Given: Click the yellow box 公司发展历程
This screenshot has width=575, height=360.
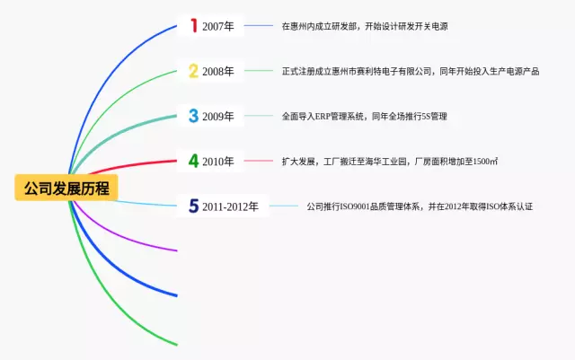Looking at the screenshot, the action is pyautogui.click(x=66, y=189).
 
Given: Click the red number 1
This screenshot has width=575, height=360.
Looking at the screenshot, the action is pyautogui.click(x=191, y=26).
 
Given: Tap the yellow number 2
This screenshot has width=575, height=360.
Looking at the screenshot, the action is pyautogui.click(x=193, y=71).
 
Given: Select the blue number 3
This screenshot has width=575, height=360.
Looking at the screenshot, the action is pyautogui.click(x=193, y=116).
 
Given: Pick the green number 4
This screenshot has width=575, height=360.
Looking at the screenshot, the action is pyautogui.click(x=193, y=162).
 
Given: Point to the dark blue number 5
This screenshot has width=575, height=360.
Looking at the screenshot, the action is pyautogui.click(x=193, y=206).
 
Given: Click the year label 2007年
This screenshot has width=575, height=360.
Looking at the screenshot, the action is pyautogui.click(x=218, y=27).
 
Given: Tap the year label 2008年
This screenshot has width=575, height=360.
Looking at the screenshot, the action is pyautogui.click(x=218, y=71).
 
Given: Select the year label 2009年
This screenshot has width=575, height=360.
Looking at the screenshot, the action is pyautogui.click(x=218, y=116).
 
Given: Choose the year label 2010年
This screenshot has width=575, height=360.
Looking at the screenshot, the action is pyautogui.click(x=218, y=162).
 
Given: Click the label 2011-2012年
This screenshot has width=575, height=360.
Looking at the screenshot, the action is pyautogui.click(x=230, y=206).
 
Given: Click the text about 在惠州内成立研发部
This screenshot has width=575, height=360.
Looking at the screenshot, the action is pyautogui.click(x=365, y=27).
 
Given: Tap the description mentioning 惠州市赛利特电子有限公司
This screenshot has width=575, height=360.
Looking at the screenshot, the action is pyautogui.click(x=411, y=71).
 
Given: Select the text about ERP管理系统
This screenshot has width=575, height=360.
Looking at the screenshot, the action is pyautogui.click(x=364, y=116).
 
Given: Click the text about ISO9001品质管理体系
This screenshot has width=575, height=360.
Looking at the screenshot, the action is pyautogui.click(x=420, y=206).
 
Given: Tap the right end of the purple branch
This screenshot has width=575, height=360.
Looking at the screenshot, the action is pyautogui.click(x=176, y=250).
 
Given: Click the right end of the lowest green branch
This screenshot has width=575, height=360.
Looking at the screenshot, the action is pyautogui.click(x=176, y=343).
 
